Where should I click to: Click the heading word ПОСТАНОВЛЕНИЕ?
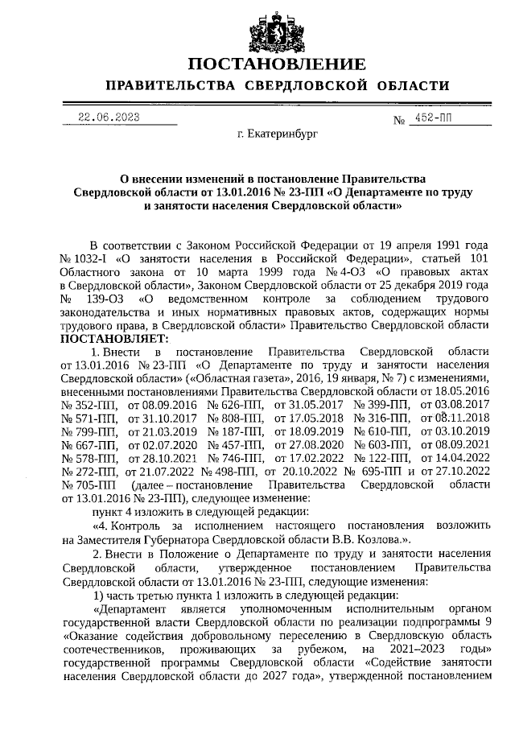[x=277, y=64]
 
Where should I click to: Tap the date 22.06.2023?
[x=108, y=118]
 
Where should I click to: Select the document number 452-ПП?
[x=436, y=118]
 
